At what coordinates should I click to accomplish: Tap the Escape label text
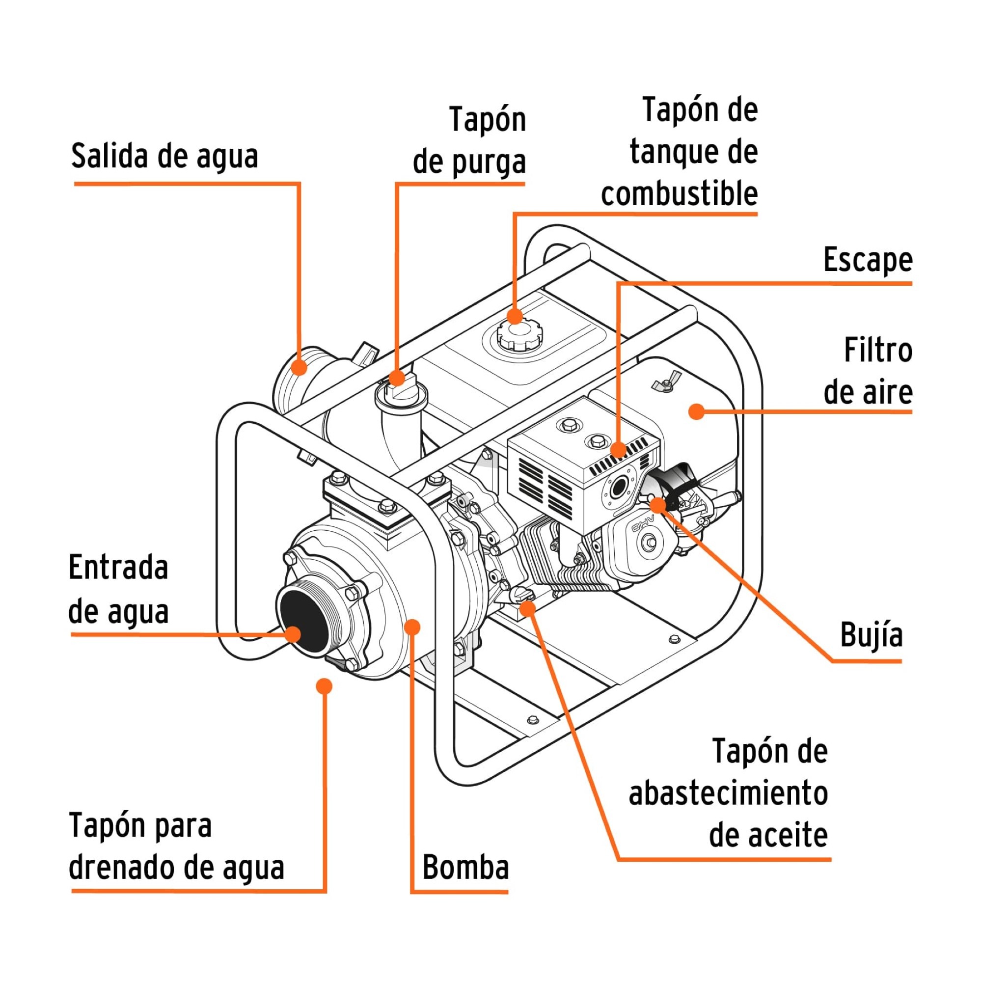click(868, 260)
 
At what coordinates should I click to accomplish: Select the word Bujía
click(871, 635)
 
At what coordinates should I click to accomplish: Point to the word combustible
click(679, 193)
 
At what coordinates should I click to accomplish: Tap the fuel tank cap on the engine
click(519, 336)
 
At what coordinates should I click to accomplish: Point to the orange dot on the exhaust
click(618, 449)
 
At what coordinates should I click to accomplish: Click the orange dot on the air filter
click(697, 412)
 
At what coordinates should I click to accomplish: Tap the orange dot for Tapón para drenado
click(324, 686)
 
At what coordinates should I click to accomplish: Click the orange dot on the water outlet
click(300, 367)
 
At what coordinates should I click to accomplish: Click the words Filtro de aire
click(868, 372)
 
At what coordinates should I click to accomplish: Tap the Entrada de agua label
click(118, 590)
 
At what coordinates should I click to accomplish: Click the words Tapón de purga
click(468, 141)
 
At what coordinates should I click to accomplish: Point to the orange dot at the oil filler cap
click(528, 608)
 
